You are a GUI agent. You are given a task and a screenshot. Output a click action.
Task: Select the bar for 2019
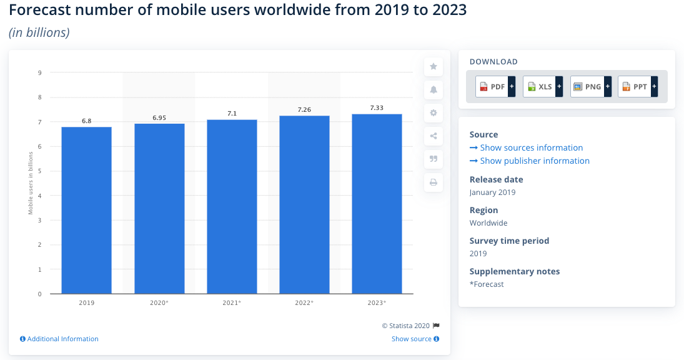coord(86,210)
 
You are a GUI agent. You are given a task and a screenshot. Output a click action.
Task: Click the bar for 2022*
coord(304,204)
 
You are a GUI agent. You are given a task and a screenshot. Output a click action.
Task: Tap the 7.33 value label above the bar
coord(377,108)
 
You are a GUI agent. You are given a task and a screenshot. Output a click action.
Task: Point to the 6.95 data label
coord(159,117)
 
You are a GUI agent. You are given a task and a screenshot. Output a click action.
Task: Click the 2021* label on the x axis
coord(232,302)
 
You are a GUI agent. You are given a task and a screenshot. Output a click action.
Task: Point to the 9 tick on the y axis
coord(39,72)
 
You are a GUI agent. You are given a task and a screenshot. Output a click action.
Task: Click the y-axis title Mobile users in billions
coord(31,182)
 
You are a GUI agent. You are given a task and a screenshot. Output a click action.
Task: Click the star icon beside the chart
coord(434,66)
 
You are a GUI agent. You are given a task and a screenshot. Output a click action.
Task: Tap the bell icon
coord(434,90)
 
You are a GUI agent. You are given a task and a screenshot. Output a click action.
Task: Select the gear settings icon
coord(434,113)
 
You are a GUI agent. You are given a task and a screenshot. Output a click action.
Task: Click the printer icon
coord(434,182)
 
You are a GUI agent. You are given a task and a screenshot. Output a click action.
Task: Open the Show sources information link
coord(531,148)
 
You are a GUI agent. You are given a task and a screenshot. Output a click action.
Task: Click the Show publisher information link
coord(535,161)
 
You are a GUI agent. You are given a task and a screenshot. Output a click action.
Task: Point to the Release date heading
coord(496,179)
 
